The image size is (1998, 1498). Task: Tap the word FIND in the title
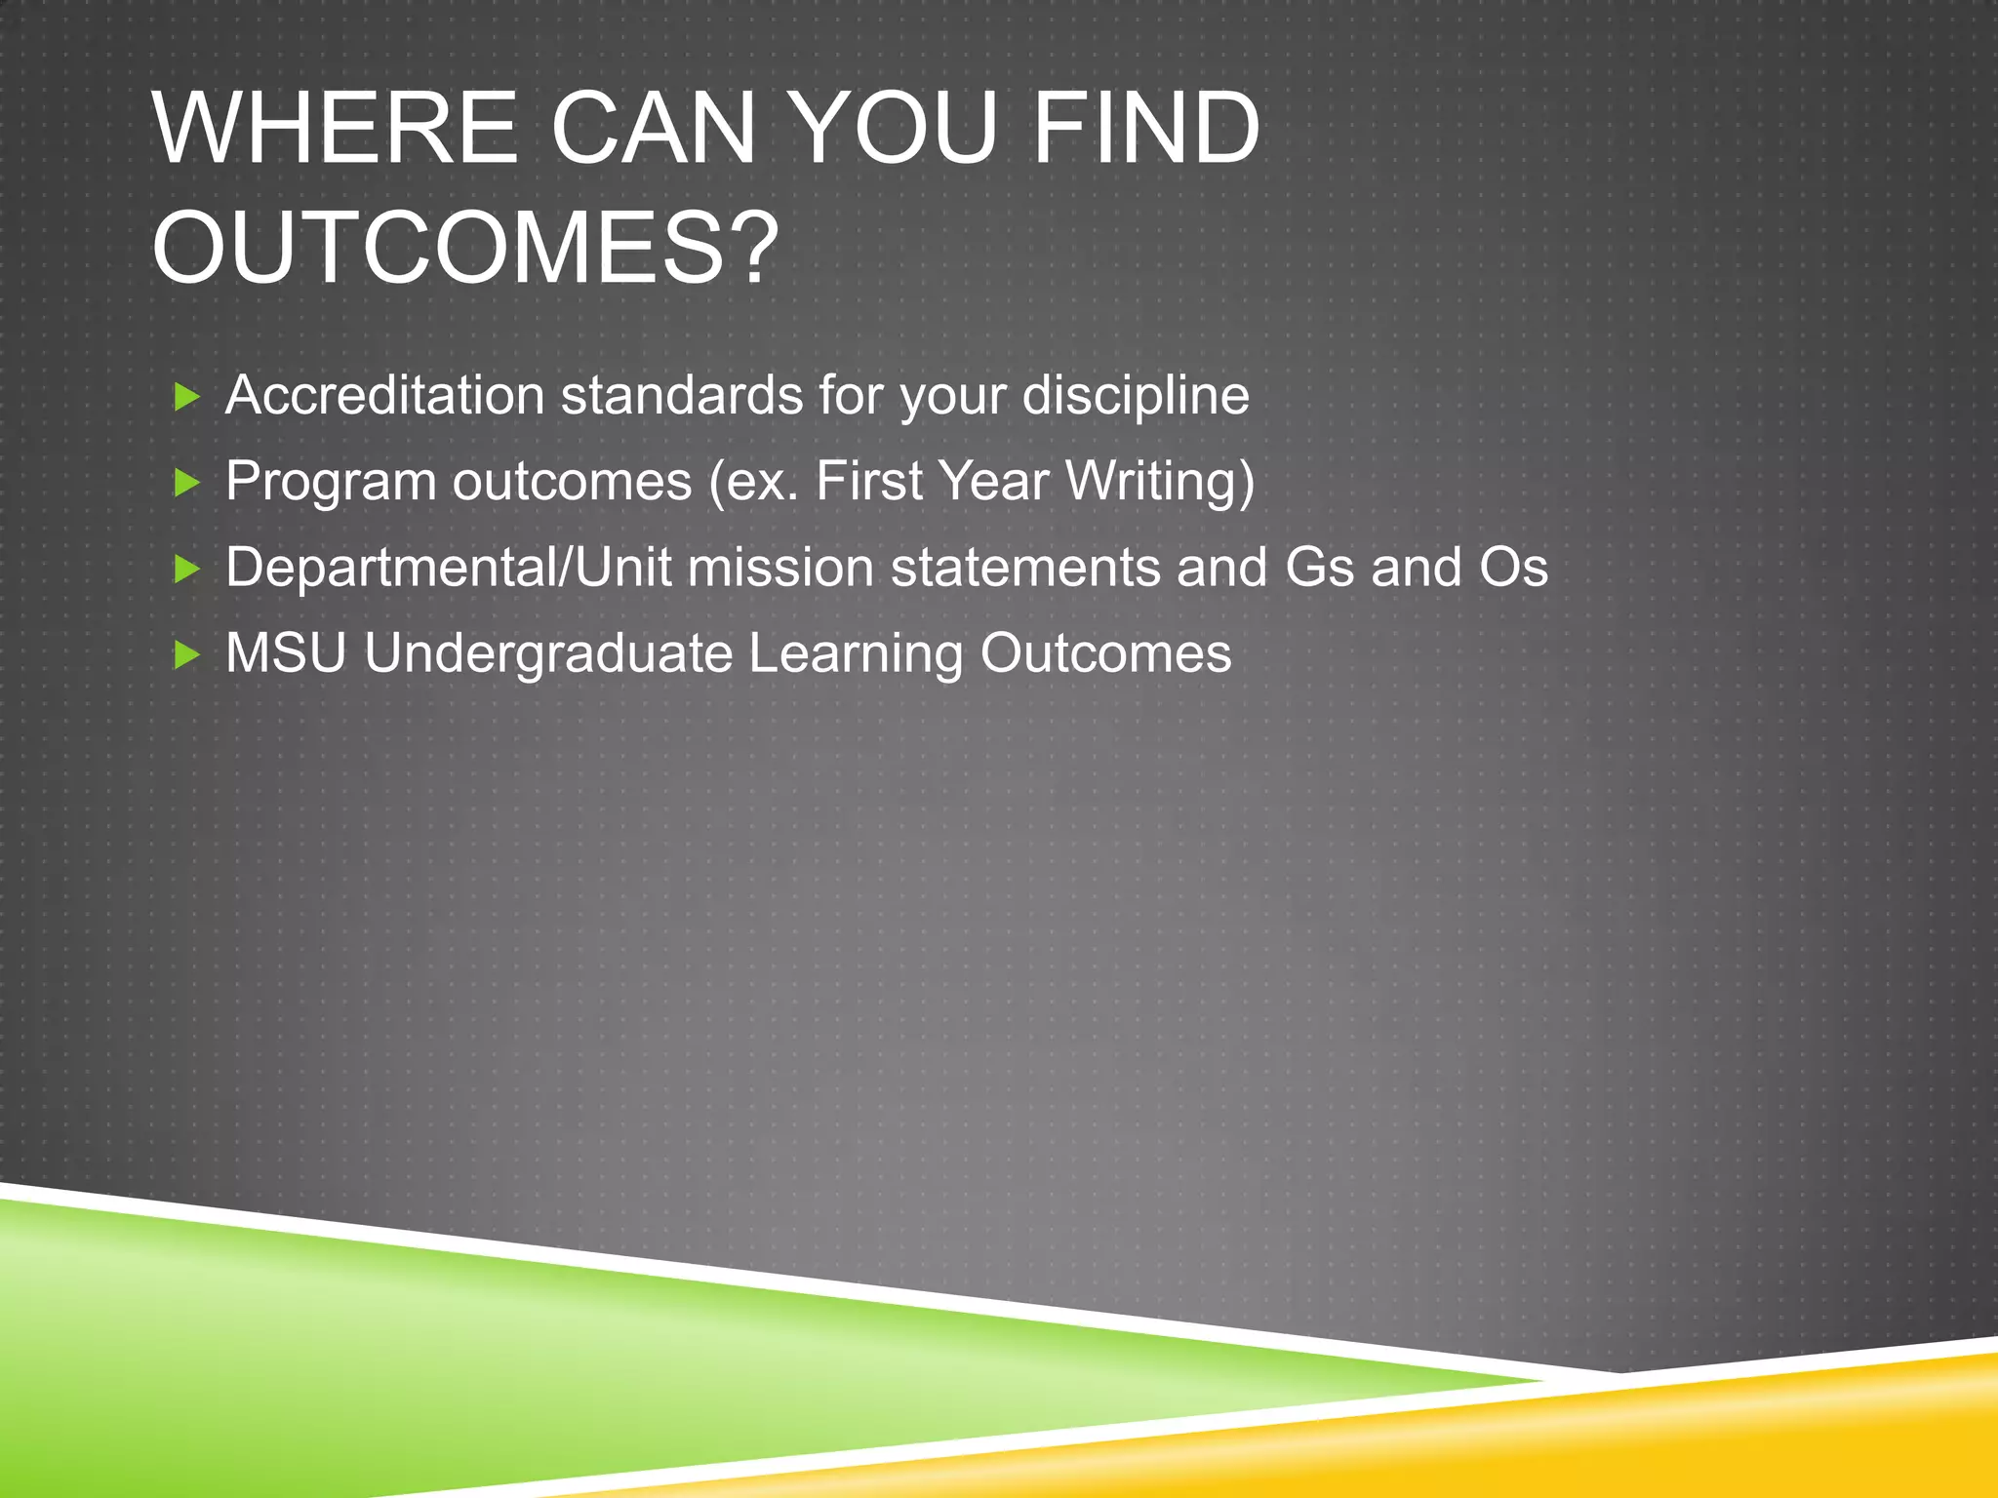point(1145,129)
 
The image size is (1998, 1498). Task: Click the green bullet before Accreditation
point(186,397)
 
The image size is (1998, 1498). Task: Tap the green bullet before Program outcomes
point(186,483)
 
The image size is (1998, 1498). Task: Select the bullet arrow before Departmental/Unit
point(186,569)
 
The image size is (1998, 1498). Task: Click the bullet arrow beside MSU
point(186,654)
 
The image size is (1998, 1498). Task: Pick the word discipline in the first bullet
point(1136,396)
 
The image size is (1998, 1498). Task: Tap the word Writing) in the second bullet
point(1160,482)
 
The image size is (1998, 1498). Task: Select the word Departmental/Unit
point(449,568)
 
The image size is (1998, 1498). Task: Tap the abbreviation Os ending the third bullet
point(1513,568)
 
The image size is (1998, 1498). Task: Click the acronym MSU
point(286,653)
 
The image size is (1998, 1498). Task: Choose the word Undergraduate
point(547,653)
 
